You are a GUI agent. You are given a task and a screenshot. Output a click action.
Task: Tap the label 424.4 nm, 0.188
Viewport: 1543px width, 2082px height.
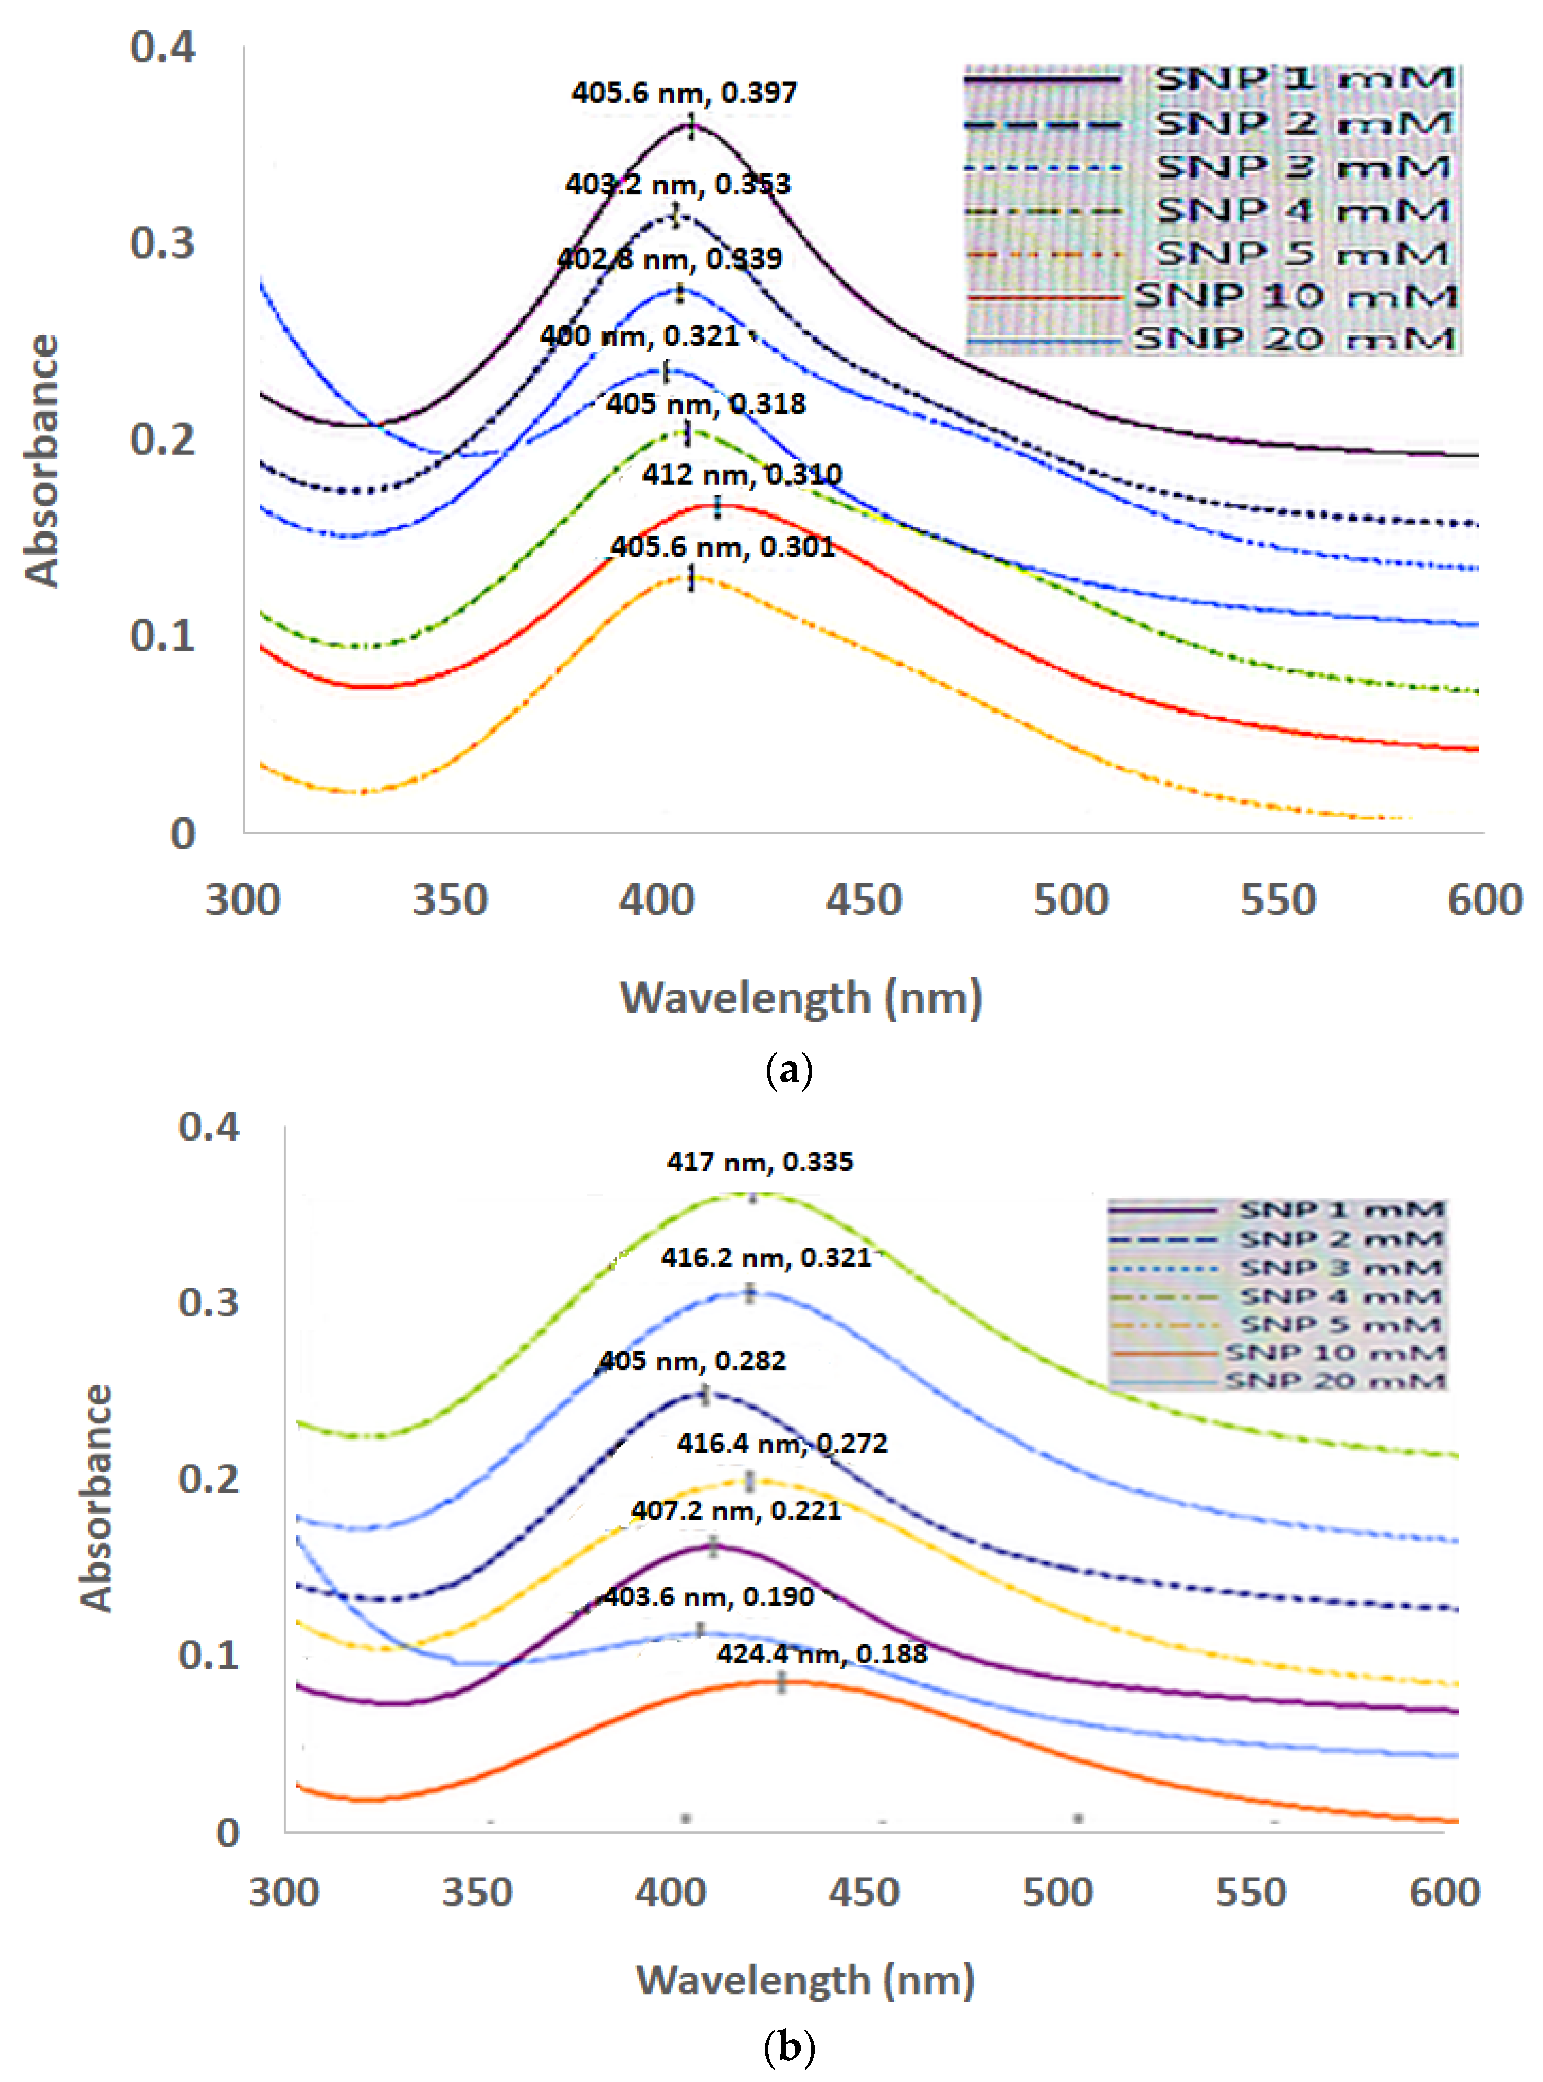(x=822, y=1653)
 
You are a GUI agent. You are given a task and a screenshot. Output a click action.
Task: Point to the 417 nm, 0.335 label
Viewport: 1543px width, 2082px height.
(x=759, y=1162)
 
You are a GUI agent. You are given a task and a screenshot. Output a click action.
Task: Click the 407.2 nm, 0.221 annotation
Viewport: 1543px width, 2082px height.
(x=736, y=1510)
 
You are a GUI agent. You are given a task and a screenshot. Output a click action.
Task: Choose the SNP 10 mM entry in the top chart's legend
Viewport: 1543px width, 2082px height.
(x=1294, y=296)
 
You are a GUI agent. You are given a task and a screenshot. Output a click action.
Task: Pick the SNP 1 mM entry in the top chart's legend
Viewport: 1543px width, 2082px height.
(x=1303, y=79)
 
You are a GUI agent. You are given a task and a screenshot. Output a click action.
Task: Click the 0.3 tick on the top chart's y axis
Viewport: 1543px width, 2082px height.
(x=163, y=243)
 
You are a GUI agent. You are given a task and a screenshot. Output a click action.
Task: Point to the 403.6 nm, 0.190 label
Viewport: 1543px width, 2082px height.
(x=708, y=1596)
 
